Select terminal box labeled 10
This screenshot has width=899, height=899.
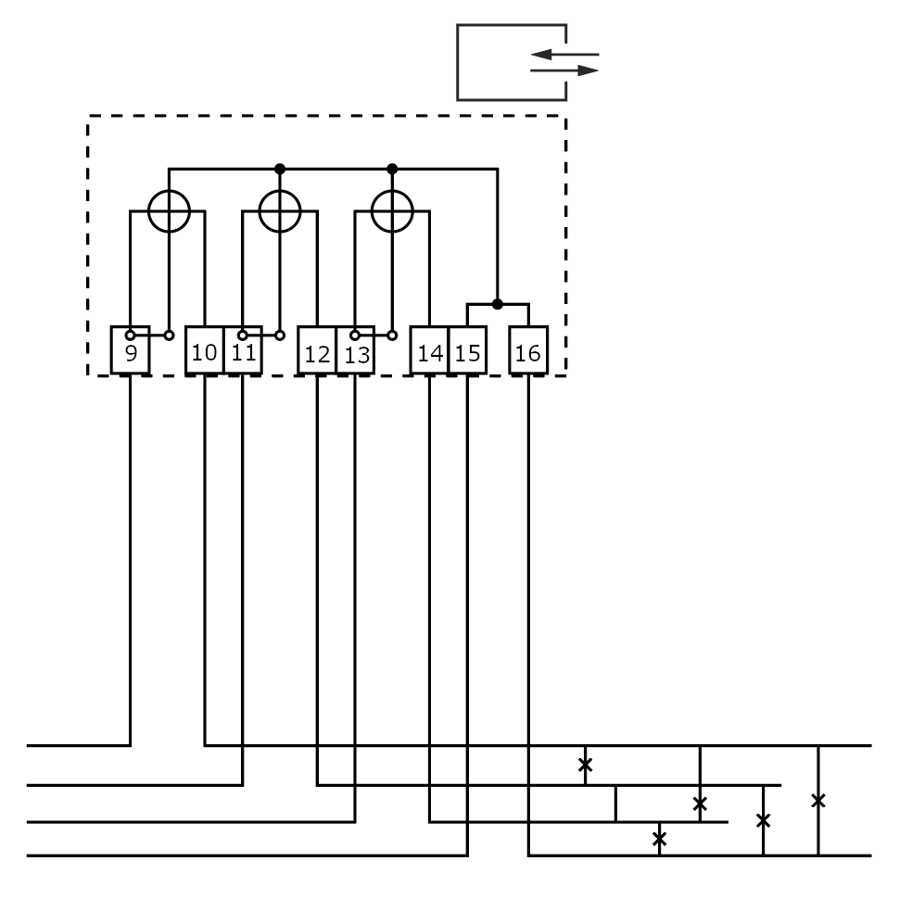[x=205, y=351]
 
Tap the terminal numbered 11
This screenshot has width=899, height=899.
[x=243, y=351]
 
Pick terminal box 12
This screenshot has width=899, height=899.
[x=317, y=353]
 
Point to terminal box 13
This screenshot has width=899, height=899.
[x=355, y=353]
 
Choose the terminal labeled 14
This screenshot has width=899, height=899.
[x=430, y=352]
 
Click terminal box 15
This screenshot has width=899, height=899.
[x=467, y=352]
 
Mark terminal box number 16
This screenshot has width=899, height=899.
[x=528, y=352]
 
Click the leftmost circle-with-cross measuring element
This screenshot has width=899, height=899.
[x=169, y=211]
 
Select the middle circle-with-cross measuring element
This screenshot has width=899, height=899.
[x=280, y=211]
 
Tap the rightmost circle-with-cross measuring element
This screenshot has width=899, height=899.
[x=392, y=211]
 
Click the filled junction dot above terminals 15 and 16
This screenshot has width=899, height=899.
[x=498, y=304]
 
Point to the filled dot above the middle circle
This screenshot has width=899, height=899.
[x=280, y=169]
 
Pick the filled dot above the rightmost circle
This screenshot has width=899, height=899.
[x=392, y=169]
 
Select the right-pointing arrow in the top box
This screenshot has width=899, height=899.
[x=564, y=70]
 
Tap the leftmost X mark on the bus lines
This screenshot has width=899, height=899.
[x=585, y=765]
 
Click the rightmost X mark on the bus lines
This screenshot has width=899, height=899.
[x=817, y=800]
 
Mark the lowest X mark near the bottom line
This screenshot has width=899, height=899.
[x=659, y=839]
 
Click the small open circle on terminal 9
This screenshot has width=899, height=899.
[x=131, y=335]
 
